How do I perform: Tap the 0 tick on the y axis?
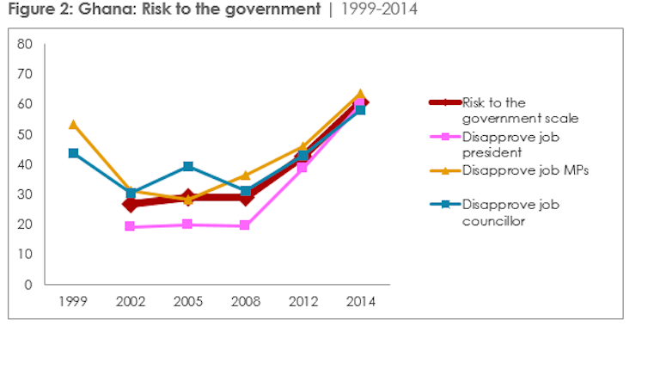point(28,285)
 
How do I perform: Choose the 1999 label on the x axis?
point(73,302)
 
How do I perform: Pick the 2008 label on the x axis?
point(245,302)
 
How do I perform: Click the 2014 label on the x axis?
point(360,302)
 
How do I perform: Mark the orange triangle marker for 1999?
point(73,124)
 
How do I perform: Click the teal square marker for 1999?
point(73,153)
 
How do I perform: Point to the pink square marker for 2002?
point(131,226)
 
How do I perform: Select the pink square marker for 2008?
point(245,225)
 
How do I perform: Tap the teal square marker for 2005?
point(188,166)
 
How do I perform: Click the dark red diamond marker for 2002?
point(131,205)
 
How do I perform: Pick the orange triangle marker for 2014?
point(360,94)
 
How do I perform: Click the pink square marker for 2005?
point(188,225)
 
